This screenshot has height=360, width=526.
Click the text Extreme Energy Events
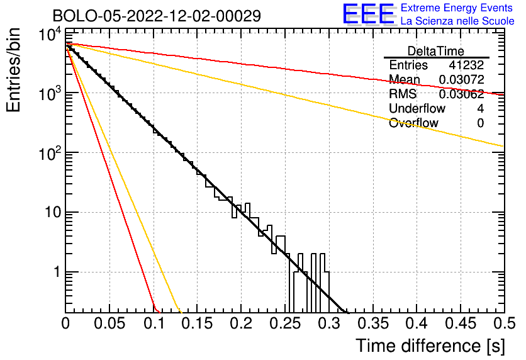[456, 8]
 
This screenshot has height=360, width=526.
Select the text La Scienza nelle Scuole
[457, 21]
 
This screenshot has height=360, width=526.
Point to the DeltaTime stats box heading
[436, 51]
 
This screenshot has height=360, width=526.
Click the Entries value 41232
[466, 65]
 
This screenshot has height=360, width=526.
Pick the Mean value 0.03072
[461, 80]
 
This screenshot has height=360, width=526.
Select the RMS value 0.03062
[461, 94]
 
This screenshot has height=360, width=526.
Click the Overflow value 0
[480, 123]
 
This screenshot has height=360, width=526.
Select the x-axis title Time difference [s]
[430, 345]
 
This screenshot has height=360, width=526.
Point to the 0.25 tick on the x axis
[285, 323]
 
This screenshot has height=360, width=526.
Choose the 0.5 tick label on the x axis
[503, 323]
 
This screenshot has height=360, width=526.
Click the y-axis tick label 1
[55, 273]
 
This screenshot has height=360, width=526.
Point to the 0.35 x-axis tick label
[372, 323]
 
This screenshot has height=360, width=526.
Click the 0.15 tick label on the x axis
[198, 323]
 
